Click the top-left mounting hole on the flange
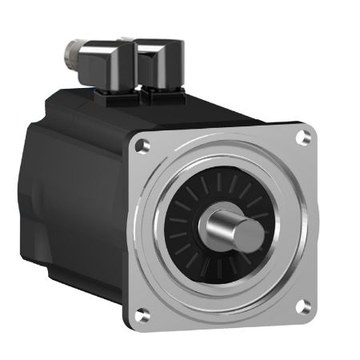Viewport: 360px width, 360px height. coord(142,146)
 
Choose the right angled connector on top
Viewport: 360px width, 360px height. coord(160,60)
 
